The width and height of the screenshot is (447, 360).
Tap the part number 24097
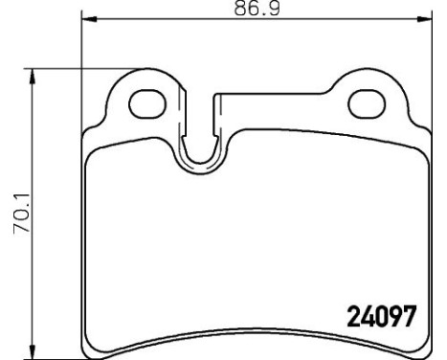click(379, 315)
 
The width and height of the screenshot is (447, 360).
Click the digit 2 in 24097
click(349, 315)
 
